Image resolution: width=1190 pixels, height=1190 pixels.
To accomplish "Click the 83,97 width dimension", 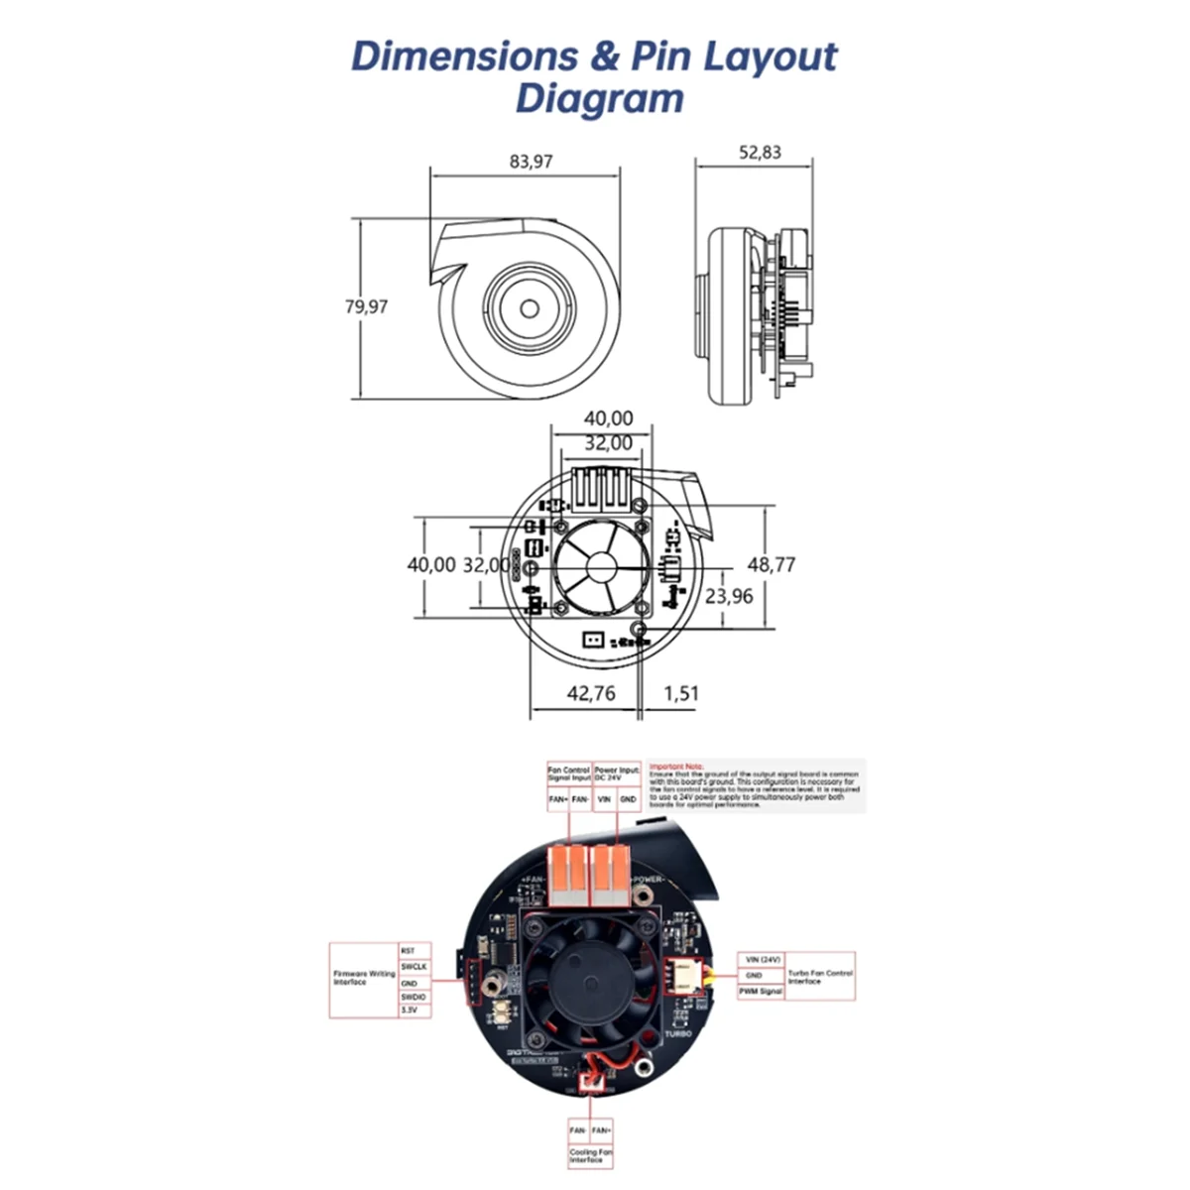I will click(x=531, y=161).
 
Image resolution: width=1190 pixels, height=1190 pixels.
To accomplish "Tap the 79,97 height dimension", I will click(x=366, y=306).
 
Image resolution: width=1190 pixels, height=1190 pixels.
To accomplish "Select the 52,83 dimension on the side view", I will click(x=760, y=152).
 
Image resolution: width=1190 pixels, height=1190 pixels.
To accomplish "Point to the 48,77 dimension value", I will click(x=772, y=564).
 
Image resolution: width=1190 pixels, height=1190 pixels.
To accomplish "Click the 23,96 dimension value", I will click(x=729, y=596).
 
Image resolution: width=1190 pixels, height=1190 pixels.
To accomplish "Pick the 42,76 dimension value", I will click(x=591, y=693).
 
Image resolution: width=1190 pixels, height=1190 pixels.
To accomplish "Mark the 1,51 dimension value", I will click(x=681, y=693).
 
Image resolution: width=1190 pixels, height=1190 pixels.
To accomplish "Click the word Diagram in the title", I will click(x=599, y=99).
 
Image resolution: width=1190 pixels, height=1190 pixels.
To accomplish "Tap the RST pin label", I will click(x=408, y=950).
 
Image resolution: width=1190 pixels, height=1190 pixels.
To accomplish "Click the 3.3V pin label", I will click(x=410, y=1010).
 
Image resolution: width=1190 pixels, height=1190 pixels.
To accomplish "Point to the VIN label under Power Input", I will click(x=604, y=798).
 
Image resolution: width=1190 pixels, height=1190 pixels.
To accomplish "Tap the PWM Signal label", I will click(x=761, y=991).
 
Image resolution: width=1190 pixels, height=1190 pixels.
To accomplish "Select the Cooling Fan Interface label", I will click(x=591, y=1155).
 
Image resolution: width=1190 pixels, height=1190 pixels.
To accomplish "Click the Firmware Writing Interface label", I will click(x=363, y=978).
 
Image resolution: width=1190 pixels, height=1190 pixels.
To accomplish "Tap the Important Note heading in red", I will click(x=676, y=766).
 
